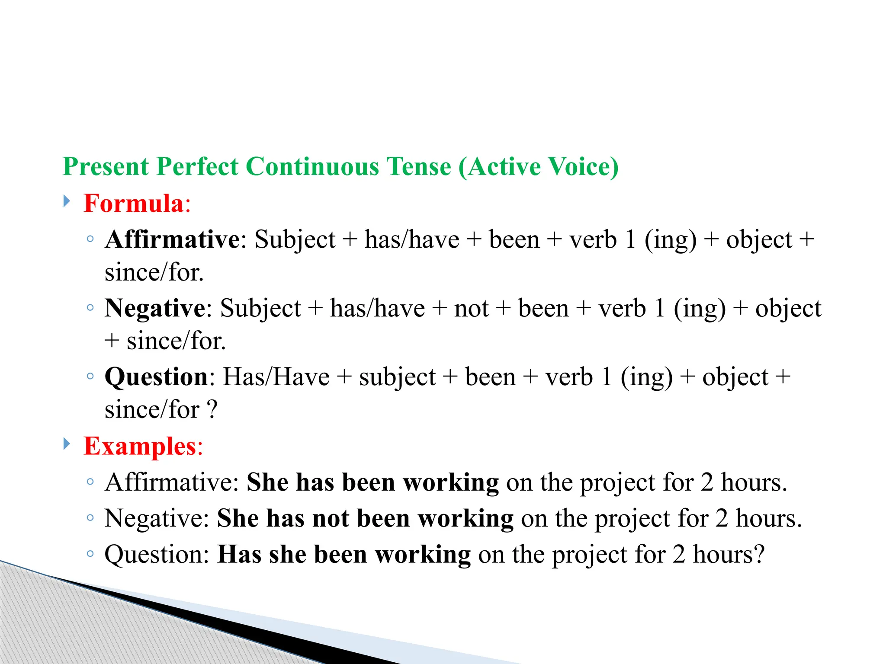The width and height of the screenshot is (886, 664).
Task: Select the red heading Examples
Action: tap(140, 446)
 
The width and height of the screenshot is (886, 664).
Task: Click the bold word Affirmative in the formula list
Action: tap(172, 239)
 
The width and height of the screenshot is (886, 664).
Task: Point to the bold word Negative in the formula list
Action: tap(155, 308)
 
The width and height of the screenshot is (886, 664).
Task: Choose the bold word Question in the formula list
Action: tap(157, 377)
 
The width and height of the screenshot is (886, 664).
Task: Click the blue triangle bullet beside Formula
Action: tap(67, 201)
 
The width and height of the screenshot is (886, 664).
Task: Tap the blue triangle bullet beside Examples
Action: tap(67, 444)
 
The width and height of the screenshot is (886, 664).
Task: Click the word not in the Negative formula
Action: tap(471, 309)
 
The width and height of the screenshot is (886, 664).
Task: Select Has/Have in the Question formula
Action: tap(276, 377)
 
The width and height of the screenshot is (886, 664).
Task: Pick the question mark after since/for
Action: tap(212, 410)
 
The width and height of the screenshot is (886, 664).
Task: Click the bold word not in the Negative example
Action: tap(331, 518)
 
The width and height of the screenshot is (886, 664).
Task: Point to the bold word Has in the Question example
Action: tap(239, 554)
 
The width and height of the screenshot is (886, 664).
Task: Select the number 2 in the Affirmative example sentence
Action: tap(707, 482)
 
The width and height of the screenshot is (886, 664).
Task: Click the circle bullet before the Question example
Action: tap(90, 554)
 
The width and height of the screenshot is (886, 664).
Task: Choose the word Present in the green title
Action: tap(106, 167)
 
